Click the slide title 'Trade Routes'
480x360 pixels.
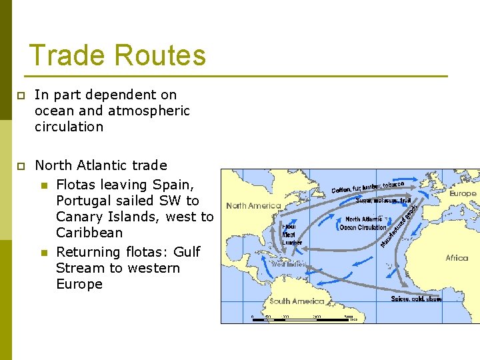(117, 55)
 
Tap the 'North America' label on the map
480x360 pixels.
(253, 206)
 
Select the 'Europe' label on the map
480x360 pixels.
(463, 194)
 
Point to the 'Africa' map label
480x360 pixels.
(457, 258)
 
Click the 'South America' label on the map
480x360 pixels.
(297, 301)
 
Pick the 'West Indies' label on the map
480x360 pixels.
(289, 264)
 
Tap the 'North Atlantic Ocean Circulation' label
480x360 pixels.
(363, 223)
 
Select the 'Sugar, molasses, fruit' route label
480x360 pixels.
(383, 200)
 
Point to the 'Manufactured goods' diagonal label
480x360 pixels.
(399, 224)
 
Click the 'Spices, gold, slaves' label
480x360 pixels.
(416, 299)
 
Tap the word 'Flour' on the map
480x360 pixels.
(289, 227)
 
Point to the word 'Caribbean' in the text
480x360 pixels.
(89, 233)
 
